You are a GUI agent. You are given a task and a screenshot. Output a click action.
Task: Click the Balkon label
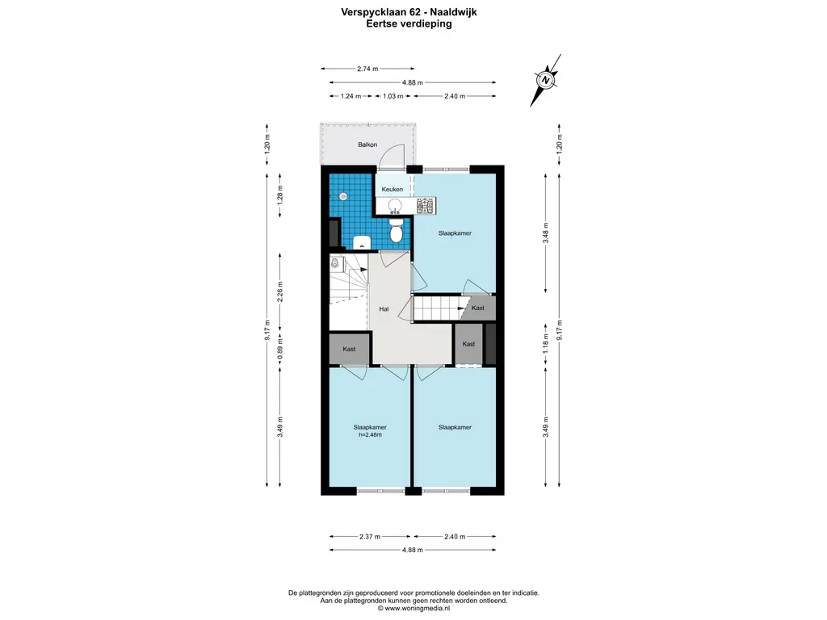pos(367,145)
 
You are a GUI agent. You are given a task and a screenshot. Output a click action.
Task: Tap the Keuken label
pos(393,189)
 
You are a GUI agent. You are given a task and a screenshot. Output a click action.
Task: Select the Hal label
pos(384,309)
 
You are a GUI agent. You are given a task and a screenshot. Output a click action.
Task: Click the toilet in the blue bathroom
pos(396,230)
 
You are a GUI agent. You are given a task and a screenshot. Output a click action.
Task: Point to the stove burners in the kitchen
pos(426,205)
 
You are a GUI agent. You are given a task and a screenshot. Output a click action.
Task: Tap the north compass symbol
pos(547,80)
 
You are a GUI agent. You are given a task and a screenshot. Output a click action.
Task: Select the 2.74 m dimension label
pos(367,69)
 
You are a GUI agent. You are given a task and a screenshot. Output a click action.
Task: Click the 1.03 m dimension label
pos(393,97)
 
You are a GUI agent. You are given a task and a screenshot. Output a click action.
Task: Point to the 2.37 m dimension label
pos(370,537)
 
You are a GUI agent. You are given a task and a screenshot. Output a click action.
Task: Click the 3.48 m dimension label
pos(546,232)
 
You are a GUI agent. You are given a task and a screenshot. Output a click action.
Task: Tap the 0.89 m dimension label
pos(280,350)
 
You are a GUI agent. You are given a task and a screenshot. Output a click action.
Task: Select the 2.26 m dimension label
pos(280,291)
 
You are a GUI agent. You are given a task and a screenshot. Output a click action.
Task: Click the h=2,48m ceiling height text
pos(370,435)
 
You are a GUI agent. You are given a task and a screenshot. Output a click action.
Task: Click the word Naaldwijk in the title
pos(454,12)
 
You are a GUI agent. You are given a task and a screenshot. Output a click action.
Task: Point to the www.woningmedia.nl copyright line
pos(413,608)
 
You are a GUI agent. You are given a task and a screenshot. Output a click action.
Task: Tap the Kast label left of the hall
pos(349,349)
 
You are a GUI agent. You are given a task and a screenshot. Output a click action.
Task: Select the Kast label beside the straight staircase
pos(478,308)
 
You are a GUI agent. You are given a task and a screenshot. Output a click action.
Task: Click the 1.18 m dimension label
pos(546,343)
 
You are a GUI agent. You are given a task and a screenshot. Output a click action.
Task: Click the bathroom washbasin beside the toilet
pos(362,242)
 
